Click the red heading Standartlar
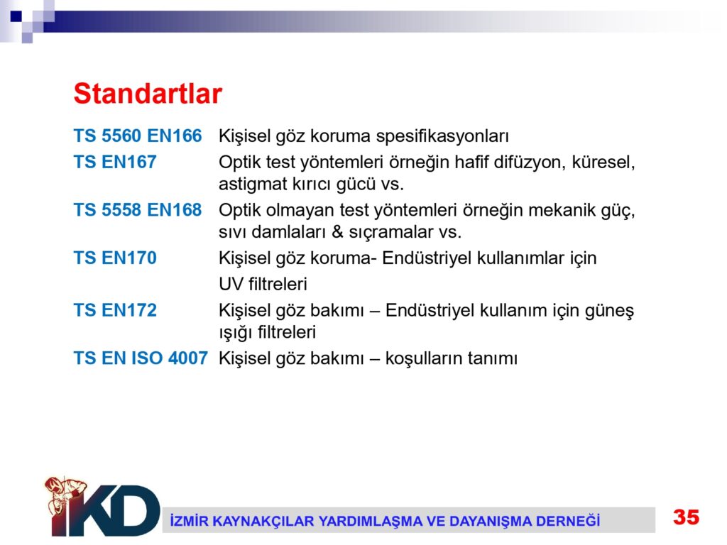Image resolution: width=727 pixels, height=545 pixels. (x=148, y=94)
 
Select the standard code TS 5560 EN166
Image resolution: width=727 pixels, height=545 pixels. (x=138, y=136)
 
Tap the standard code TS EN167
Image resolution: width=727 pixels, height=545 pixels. (x=115, y=162)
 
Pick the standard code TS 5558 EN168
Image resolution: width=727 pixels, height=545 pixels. (x=138, y=209)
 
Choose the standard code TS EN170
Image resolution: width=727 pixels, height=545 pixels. (x=115, y=258)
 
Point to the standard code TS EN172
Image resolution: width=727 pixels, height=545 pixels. (x=115, y=310)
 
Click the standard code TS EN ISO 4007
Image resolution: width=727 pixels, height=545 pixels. (x=141, y=358)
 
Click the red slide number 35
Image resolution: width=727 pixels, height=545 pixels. (x=687, y=517)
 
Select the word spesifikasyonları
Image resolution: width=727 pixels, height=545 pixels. (x=442, y=137)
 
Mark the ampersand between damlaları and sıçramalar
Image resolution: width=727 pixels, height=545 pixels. (x=337, y=232)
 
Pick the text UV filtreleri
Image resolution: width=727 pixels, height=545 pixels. (x=263, y=284)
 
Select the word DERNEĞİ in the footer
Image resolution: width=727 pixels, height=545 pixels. (x=568, y=521)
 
